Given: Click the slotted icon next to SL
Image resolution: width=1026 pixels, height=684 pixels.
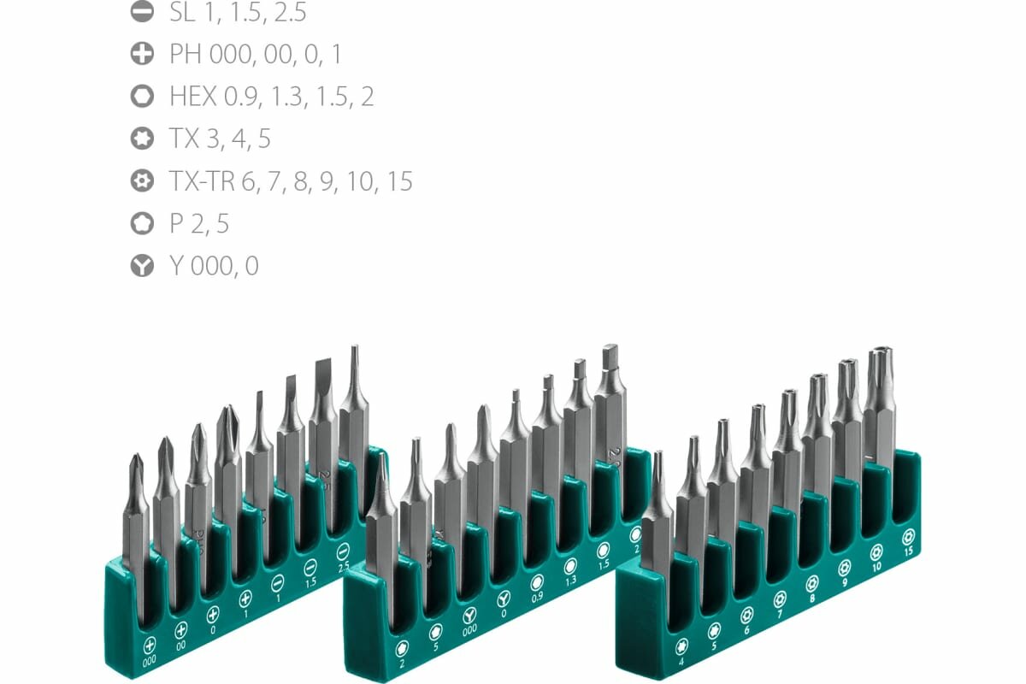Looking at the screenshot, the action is click(x=142, y=12).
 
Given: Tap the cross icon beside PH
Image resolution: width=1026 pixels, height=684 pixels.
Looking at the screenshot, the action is click(x=142, y=55).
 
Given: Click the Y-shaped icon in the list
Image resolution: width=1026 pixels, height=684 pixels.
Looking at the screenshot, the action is click(x=142, y=266).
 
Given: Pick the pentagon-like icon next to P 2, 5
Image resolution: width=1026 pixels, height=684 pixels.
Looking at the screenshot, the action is click(x=142, y=224).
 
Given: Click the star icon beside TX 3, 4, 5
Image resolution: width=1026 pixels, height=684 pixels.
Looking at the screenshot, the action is click(x=142, y=139).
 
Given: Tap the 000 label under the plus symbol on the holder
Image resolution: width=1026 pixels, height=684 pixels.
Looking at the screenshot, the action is click(x=150, y=660).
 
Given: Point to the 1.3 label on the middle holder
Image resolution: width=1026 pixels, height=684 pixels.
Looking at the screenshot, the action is click(x=570, y=581).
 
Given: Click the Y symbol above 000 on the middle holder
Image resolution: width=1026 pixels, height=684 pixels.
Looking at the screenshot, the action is click(x=469, y=616).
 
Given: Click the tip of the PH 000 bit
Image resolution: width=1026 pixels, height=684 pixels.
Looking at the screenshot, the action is click(x=134, y=458).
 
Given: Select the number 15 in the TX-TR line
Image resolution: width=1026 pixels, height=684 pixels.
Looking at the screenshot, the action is click(x=399, y=181).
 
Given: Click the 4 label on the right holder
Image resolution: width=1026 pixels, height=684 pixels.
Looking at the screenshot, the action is click(x=682, y=662).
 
